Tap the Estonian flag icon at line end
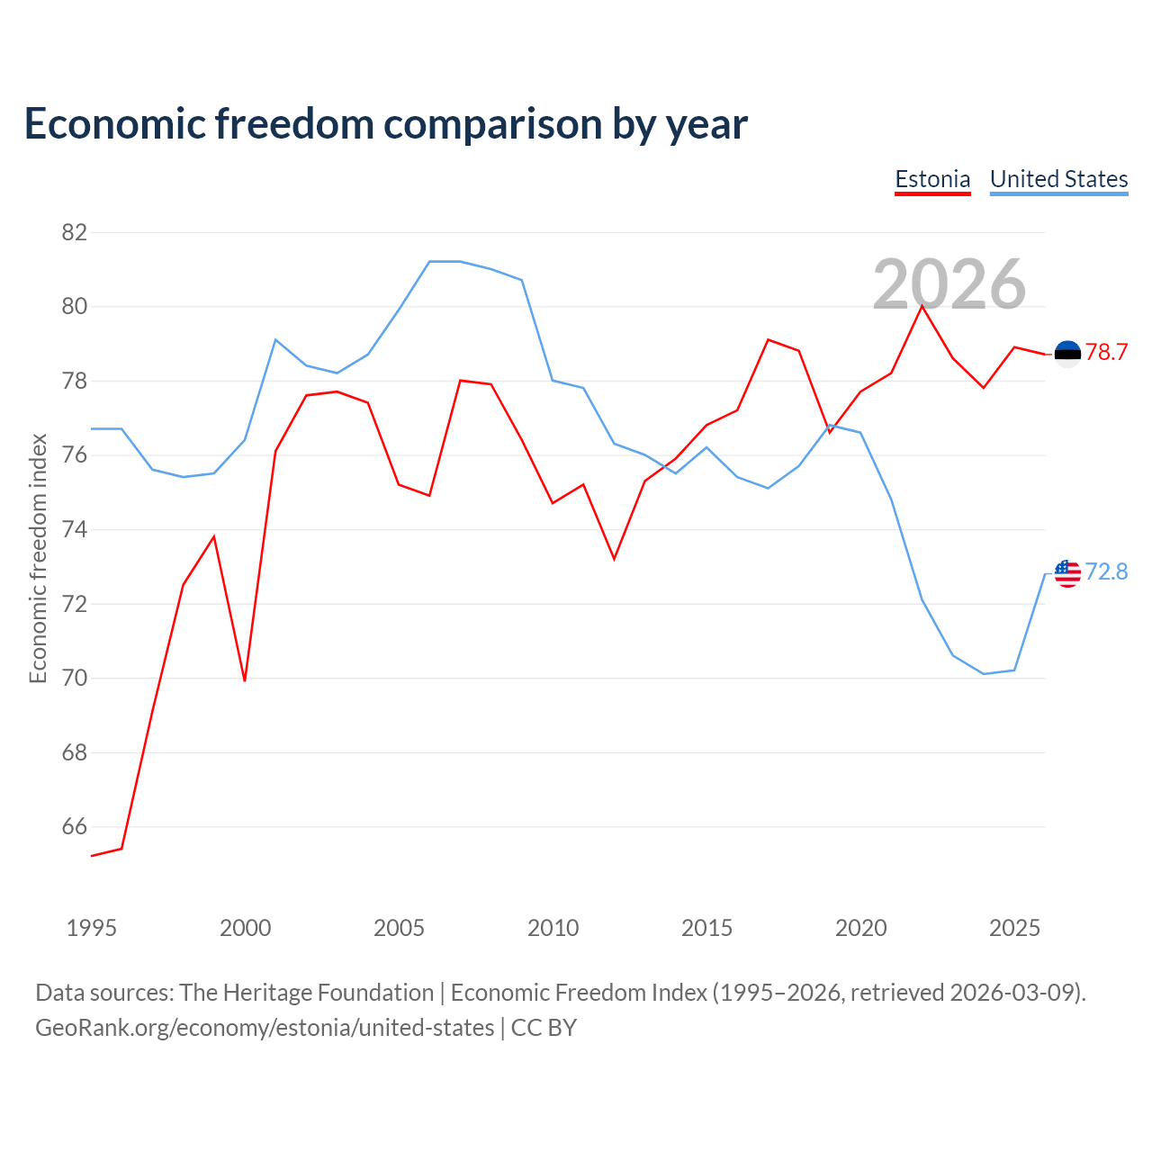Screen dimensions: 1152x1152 [x=1067, y=354]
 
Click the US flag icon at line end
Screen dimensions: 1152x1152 [x=1067, y=574]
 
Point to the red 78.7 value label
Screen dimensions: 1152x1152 [x=1106, y=353]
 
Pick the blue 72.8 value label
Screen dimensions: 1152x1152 [x=1106, y=572]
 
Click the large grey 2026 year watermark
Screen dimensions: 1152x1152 [x=949, y=284]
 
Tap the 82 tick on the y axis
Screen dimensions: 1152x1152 [x=75, y=232]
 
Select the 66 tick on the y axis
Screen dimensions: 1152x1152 [x=75, y=827]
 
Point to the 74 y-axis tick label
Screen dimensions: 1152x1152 [x=75, y=530]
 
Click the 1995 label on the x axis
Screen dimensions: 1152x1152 [x=92, y=928]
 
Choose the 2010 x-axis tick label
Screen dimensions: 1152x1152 [x=553, y=928]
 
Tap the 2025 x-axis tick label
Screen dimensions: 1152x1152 [x=1014, y=928]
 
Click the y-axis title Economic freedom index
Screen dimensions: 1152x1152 [x=39, y=558]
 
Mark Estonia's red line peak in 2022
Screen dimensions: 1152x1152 [x=922, y=307]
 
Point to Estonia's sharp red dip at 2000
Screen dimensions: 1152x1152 [x=245, y=680]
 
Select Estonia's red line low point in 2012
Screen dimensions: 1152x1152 [x=615, y=559]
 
